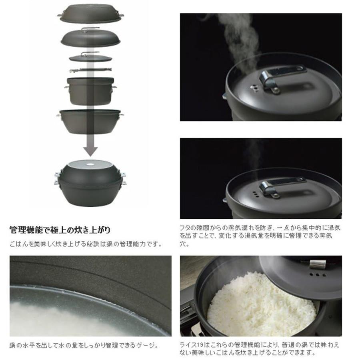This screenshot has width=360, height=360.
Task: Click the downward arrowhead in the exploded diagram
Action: coord(90,151)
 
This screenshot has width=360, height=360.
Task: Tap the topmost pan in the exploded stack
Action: coord(91,13)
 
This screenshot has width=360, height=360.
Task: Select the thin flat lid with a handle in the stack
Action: coord(90,57)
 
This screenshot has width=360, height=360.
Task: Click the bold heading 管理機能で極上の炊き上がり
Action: coord(60,230)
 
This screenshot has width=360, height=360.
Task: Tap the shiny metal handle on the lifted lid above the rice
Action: coord(318,264)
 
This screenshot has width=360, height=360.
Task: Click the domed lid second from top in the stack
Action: coord(90,37)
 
